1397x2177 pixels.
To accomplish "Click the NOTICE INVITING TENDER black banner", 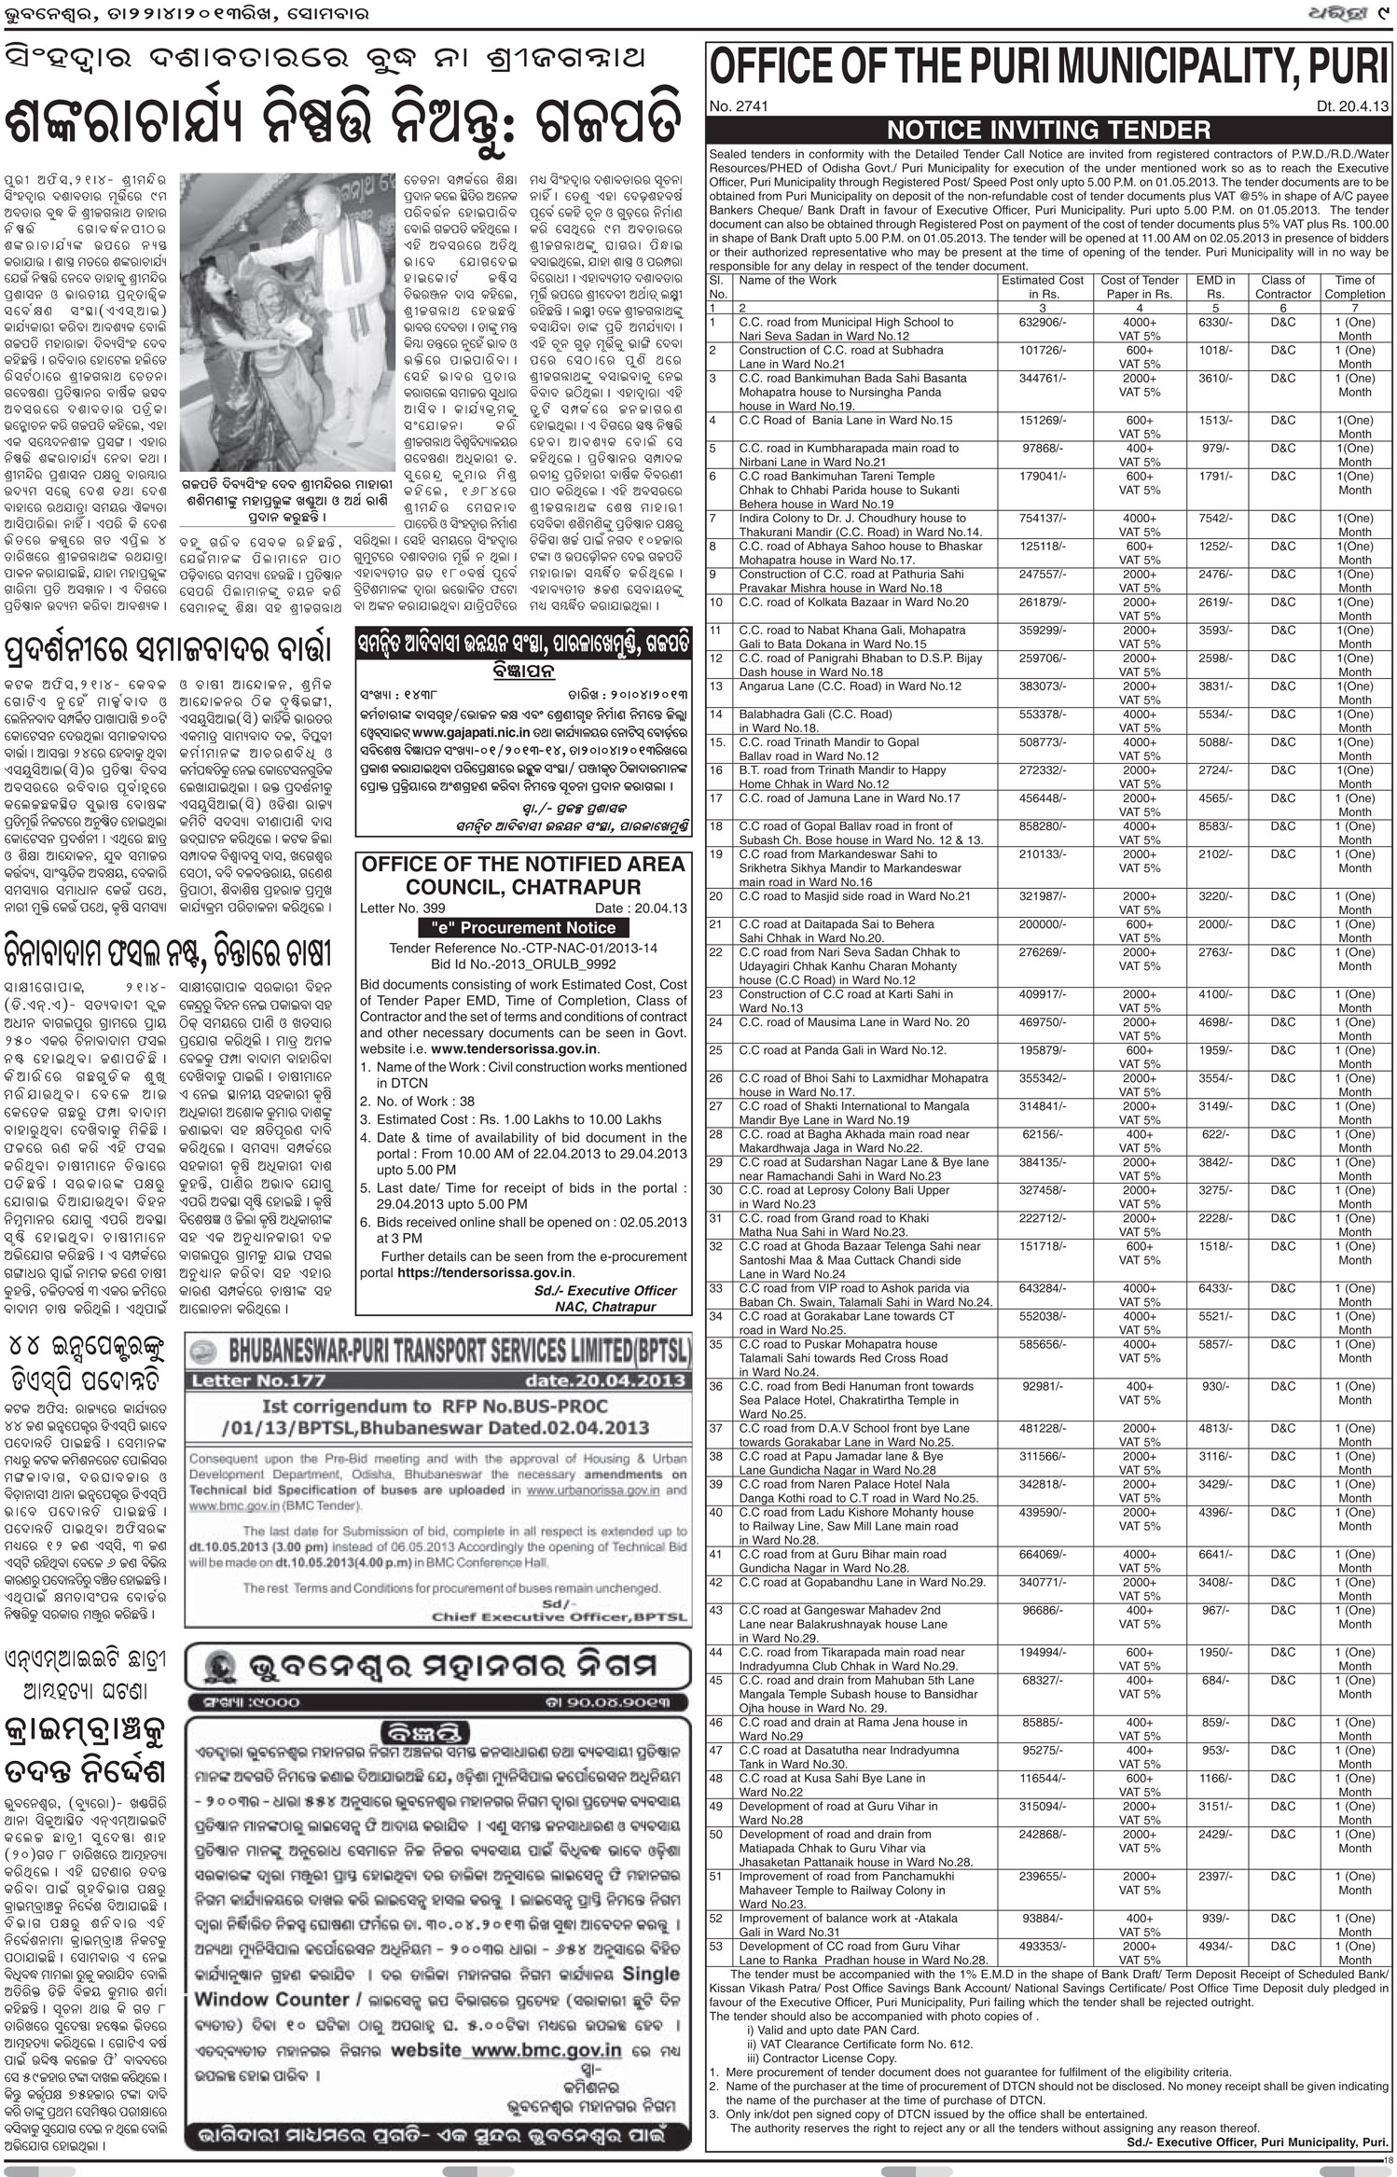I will tap(1048, 130).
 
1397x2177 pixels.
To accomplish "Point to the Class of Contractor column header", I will tap(1282, 286).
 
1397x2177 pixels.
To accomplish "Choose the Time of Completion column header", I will tap(1354, 286).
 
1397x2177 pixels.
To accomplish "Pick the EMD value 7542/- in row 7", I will tap(1213, 519).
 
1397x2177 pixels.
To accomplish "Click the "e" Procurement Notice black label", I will tap(523, 928).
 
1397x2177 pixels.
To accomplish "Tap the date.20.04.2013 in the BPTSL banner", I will tap(606, 1380).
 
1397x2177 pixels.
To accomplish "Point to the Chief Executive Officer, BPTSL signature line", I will tap(560, 1617).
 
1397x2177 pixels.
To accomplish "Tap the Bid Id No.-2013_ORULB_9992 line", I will tap(523, 964).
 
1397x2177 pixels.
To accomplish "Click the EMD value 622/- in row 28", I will tap(1213, 1134).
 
